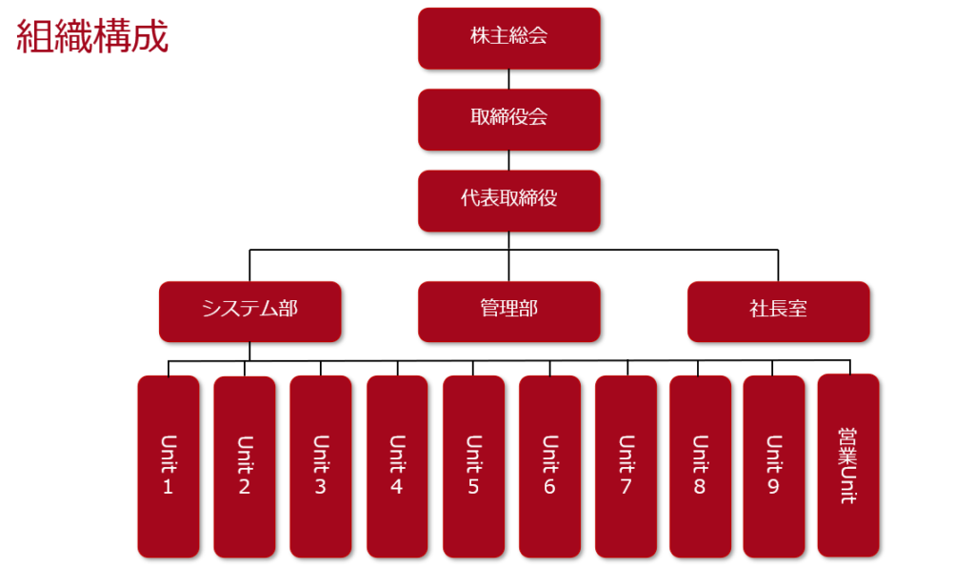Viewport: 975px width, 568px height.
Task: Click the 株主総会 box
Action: [x=508, y=38]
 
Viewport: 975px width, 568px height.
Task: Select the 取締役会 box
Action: [x=508, y=119]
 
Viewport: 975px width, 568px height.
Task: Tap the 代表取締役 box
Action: [x=508, y=200]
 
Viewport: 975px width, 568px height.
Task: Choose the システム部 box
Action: [x=249, y=311]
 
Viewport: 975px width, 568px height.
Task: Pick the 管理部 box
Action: [x=508, y=311]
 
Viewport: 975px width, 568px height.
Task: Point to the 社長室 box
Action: [x=778, y=311]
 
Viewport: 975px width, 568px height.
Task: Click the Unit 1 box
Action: [x=169, y=466]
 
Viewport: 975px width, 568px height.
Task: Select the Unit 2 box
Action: [x=245, y=466]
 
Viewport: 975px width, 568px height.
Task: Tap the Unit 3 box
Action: [x=321, y=466]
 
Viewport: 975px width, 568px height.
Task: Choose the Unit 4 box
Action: [x=397, y=466]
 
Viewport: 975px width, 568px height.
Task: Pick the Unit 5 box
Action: [x=473, y=466]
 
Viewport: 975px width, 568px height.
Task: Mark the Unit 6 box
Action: [x=549, y=466]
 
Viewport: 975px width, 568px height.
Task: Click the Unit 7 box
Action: [x=626, y=466]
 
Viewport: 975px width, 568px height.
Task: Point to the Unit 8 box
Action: [x=700, y=466]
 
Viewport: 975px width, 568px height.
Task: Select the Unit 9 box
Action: [x=773, y=466]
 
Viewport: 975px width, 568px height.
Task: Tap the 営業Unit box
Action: [x=848, y=465]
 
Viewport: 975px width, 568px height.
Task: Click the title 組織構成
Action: [x=92, y=37]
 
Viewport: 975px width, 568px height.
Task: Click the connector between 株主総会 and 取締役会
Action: [x=508, y=79]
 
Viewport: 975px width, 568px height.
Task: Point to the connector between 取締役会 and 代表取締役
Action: [x=508, y=160]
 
